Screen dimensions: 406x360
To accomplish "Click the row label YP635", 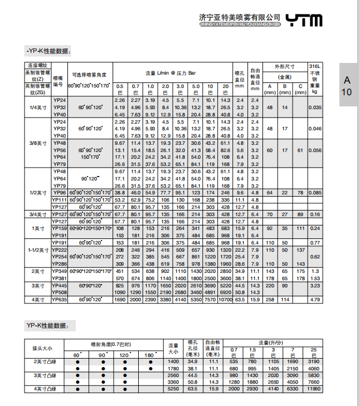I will pyautogui.click(x=59, y=300).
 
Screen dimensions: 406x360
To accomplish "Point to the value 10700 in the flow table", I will pyautogui.click(x=225, y=300).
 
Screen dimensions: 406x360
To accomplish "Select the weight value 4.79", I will pyautogui.click(x=315, y=300).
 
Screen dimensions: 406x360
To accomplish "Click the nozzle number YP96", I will pyautogui.click(x=59, y=192).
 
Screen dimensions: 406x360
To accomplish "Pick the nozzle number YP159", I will pyautogui.click(x=59, y=228).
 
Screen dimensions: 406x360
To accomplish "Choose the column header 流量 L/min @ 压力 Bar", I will pyautogui.click(x=171, y=73).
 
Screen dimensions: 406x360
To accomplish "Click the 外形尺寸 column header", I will pyautogui.click(x=285, y=66).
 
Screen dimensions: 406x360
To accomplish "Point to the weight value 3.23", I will pyautogui.click(x=315, y=285).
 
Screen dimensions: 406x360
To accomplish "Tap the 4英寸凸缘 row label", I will pyautogui.click(x=46, y=389).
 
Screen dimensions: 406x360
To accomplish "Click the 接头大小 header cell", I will pyautogui.click(x=42, y=348).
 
